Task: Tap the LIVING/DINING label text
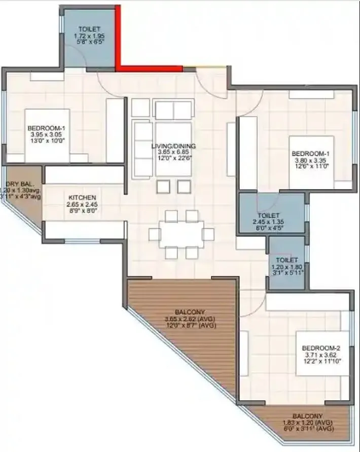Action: coord(173,146)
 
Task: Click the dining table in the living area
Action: coord(181,234)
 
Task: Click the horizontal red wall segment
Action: coord(149,67)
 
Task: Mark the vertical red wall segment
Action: coord(118,36)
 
